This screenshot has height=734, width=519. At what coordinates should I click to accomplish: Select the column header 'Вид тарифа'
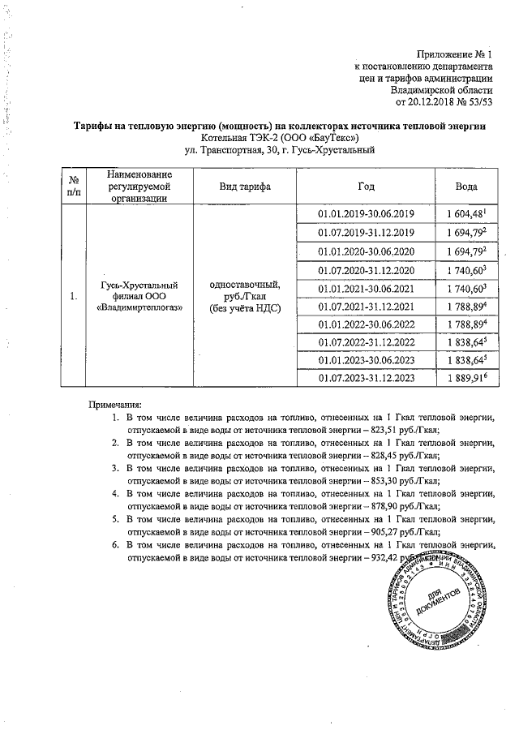point(245,187)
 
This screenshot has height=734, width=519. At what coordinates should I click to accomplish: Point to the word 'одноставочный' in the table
point(245,285)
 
